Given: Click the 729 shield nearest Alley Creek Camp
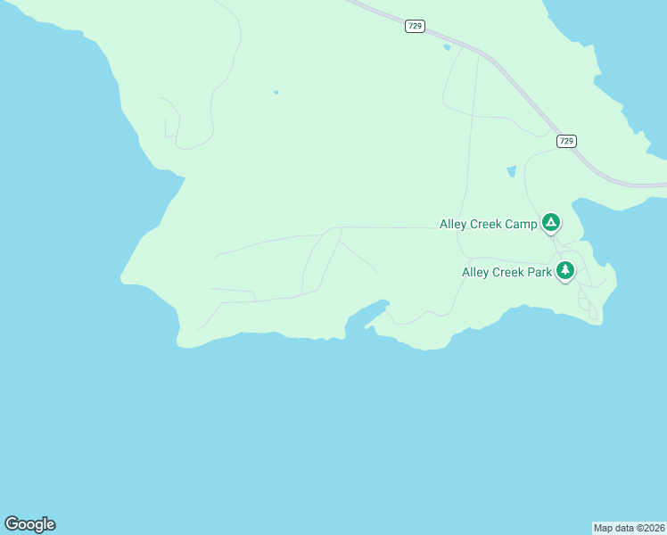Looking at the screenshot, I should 566,141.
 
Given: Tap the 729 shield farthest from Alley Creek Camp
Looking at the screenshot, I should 415,27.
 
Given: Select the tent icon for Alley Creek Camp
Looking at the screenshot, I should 551,222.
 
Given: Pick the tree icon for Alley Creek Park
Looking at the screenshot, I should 565,270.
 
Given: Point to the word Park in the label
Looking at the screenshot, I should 535,272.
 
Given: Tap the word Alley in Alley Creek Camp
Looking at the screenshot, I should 455,225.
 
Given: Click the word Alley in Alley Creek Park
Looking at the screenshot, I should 476,272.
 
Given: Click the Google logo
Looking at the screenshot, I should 29,524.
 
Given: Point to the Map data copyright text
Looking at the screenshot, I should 630,527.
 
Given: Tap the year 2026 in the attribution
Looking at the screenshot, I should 651,527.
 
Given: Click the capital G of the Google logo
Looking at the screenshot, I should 12,523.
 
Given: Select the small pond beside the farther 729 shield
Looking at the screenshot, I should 447,47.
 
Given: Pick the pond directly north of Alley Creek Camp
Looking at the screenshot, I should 511,171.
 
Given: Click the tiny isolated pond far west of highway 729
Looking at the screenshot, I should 276,92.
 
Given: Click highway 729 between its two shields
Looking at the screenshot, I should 508,75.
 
